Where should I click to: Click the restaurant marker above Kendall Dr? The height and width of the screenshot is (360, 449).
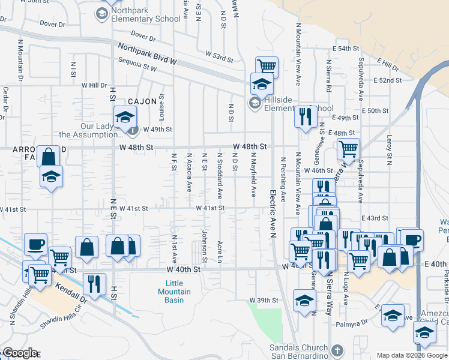95,282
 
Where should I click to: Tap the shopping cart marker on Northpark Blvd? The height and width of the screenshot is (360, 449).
266,66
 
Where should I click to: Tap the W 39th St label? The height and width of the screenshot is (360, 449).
265,299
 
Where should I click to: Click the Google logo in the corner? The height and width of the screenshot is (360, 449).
19,353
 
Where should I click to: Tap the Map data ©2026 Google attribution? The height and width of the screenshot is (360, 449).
411,355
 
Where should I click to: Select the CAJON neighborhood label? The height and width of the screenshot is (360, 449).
140,101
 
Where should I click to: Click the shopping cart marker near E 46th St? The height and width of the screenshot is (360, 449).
348,148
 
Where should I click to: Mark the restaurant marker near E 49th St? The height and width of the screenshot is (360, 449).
306,115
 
